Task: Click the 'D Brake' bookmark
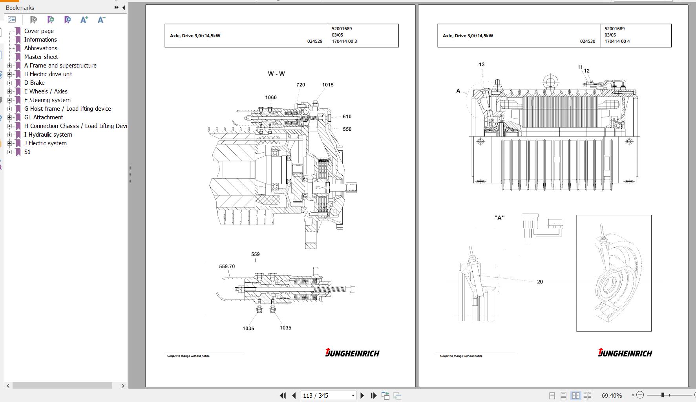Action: (35, 83)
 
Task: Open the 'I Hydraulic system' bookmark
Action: (48, 135)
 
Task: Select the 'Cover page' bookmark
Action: (39, 31)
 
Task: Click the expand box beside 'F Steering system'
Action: (10, 100)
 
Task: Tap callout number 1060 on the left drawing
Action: (271, 97)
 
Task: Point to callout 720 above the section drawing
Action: (301, 85)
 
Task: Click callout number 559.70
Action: (227, 267)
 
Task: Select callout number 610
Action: (347, 117)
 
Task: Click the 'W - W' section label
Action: (276, 74)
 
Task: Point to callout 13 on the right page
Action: (482, 64)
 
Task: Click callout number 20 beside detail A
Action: (540, 282)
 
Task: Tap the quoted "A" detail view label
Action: (499, 218)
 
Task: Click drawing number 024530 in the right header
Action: (588, 41)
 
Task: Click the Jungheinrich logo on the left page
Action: (352, 353)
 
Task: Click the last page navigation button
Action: (374, 395)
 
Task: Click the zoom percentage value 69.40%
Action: (612, 395)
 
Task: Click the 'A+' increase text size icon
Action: (84, 20)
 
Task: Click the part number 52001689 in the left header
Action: (342, 29)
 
